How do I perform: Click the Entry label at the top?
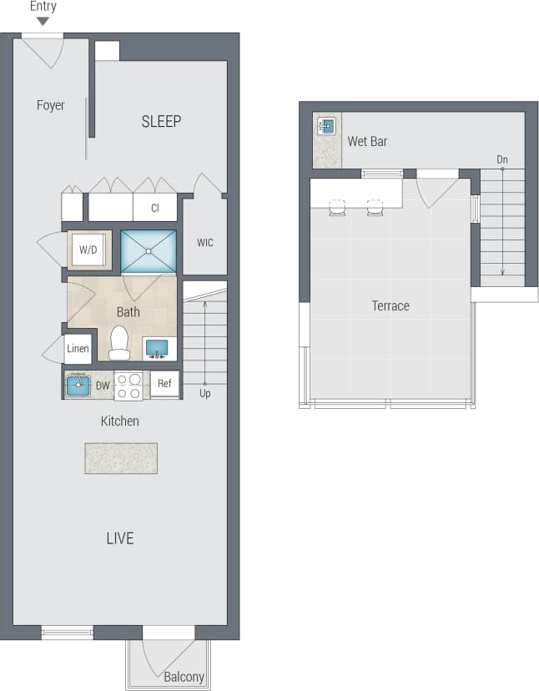pos(43,7)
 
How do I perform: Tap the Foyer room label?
pos(51,105)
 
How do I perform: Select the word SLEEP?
pos(161,122)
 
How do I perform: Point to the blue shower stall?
pos(149,251)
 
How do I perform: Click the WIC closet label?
pos(205,243)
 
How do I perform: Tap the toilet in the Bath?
pos(119,342)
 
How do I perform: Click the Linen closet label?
pos(78,348)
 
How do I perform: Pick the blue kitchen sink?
pos(78,385)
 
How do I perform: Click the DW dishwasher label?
pos(103,386)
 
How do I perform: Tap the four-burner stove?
pos(129,386)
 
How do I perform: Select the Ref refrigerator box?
pos(164,385)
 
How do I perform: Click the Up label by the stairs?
pos(205,393)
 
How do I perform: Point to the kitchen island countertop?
pos(120,458)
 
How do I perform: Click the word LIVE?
pos(120,538)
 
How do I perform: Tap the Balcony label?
pos(184,677)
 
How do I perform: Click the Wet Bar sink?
pos(327,127)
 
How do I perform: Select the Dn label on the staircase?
pos(502,159)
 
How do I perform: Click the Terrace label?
pos(390,306)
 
